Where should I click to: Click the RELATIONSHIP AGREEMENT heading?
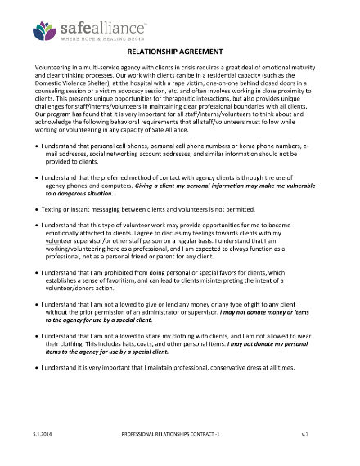click(x=180, y=51)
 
